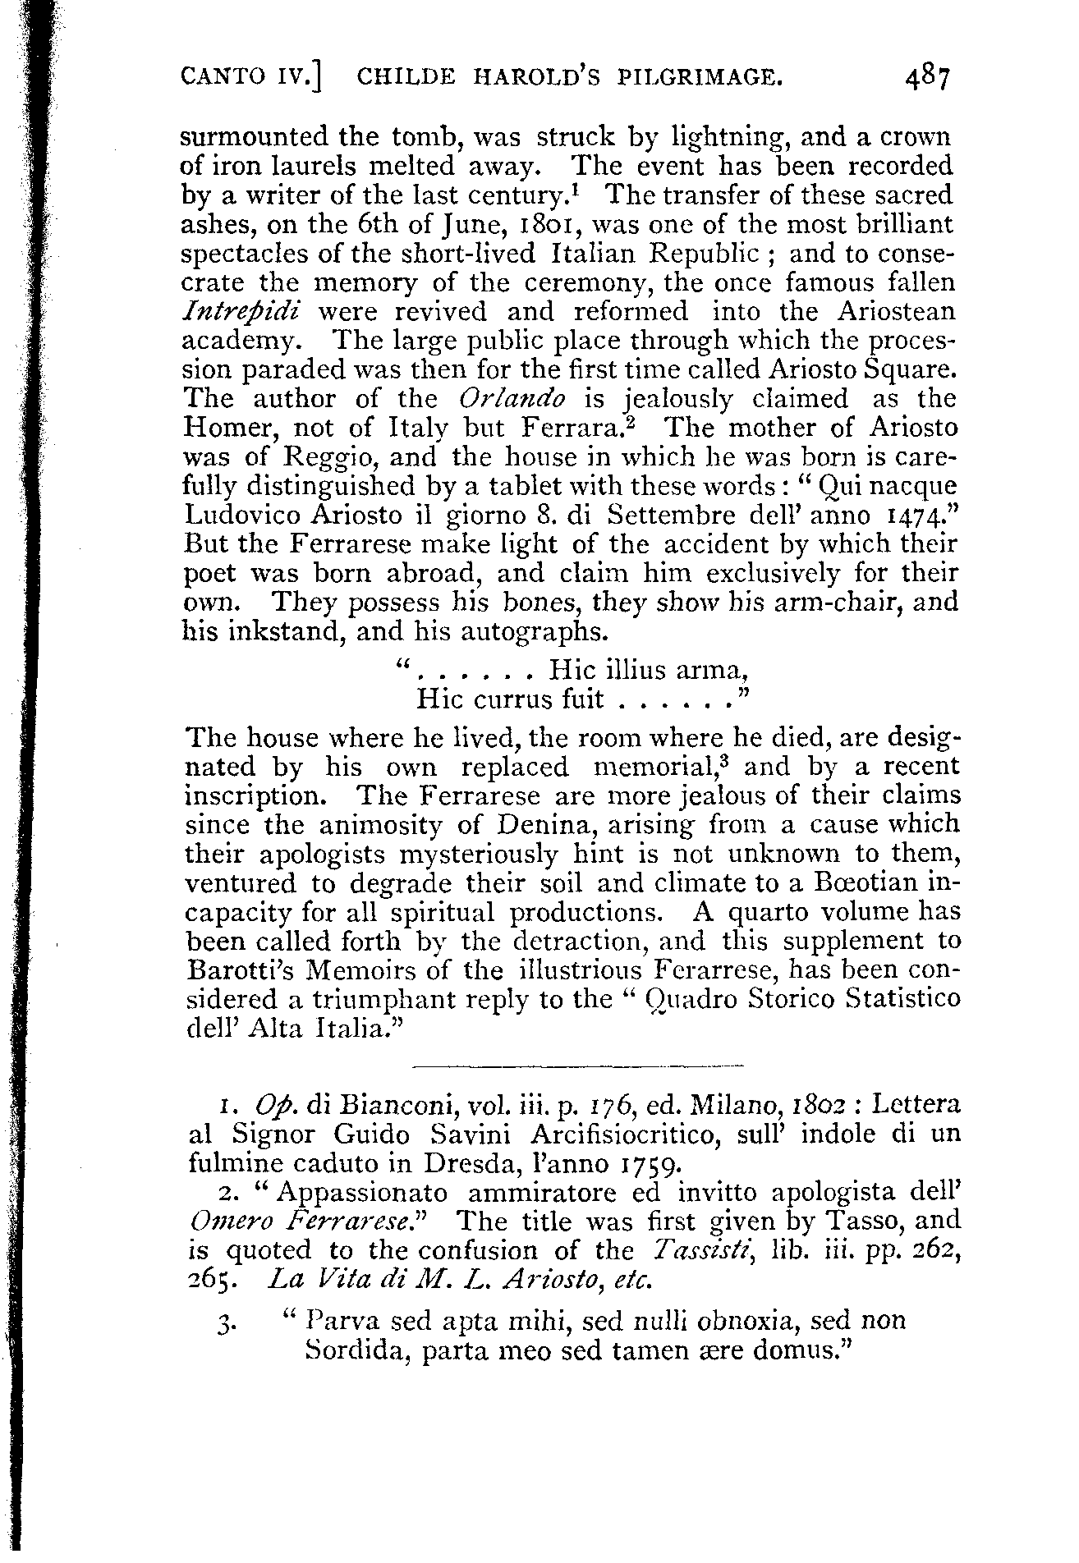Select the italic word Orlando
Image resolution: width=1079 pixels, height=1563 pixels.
[513, 399]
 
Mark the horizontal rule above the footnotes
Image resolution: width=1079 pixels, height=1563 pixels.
[575, 1066]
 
